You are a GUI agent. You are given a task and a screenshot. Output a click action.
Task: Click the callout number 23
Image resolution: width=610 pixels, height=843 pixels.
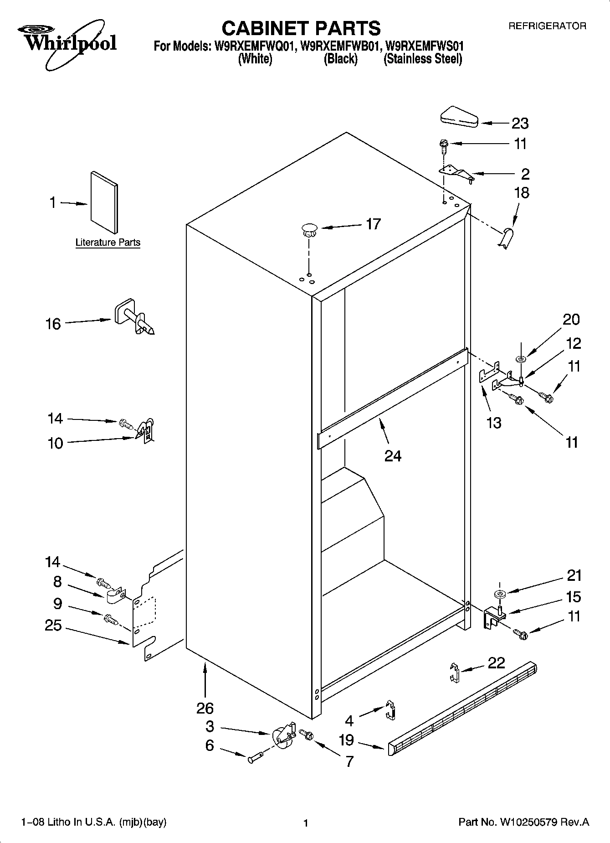[x=520, y=123]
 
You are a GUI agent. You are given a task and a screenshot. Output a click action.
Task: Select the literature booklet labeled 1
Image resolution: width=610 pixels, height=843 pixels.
[x=104, y=202]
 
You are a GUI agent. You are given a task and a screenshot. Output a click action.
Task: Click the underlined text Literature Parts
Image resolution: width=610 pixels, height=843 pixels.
[x=108, y=243]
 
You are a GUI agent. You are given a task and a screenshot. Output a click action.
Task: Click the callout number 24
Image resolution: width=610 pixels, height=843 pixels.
[x=393, y=455]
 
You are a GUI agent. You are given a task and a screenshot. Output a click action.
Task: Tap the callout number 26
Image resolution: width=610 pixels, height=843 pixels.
[x=205, y=708]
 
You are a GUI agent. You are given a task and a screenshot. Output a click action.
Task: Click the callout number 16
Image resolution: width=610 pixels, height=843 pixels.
[x=53, y=324]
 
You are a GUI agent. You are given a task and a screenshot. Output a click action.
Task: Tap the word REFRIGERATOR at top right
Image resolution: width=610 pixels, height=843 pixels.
[x=547, y=26]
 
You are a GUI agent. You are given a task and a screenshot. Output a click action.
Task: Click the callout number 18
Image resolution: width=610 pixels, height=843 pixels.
[x=522, y=193]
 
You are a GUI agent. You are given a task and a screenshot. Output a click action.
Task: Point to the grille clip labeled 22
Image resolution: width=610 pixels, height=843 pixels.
[x=452, y=672]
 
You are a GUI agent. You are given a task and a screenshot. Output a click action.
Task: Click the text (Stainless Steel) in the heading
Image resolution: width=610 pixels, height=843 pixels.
[x=423, y=59]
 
